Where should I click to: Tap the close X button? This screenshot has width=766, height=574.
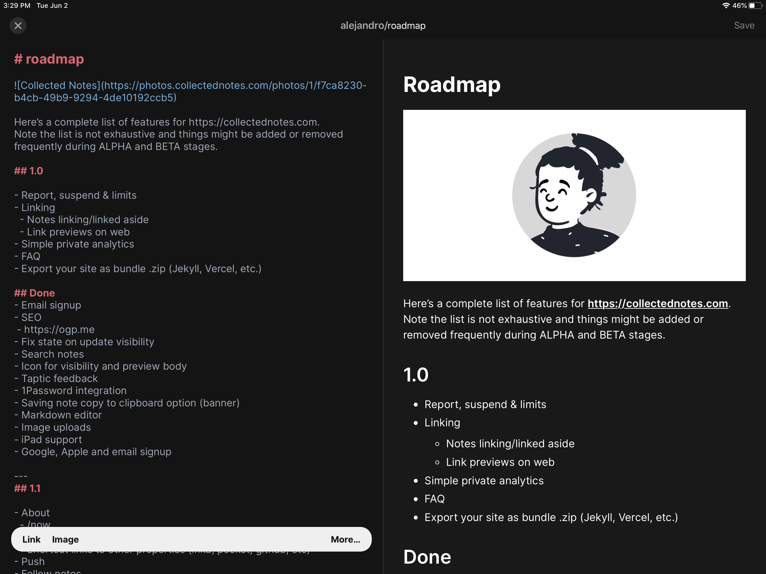(18, 26)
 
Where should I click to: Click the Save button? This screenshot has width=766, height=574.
(744, 26)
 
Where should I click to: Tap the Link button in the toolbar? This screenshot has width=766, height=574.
(31, 539)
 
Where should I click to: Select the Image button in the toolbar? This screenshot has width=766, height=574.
(65, 539)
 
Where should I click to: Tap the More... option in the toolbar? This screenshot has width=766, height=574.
(345, 539)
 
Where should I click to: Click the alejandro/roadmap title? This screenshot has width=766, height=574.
(383, 26)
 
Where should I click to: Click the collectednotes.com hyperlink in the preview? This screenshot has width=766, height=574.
(657, 304)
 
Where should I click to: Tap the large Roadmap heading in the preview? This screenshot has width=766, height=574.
(452, 85)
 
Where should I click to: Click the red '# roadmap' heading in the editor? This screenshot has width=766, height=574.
(49, 59)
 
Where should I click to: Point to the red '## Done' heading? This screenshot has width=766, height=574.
(35, 293)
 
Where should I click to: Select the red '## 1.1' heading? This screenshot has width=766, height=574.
(27, 488)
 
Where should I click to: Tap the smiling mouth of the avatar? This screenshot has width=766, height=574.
(551, 208)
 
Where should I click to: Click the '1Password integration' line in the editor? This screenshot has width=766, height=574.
(74, 390)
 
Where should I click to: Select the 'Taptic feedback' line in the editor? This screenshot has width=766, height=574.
(59, 378)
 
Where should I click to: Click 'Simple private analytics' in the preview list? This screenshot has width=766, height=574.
(484, 480)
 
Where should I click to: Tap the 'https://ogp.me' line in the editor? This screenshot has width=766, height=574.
(59, 330)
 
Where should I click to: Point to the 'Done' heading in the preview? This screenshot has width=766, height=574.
(427, 557)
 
